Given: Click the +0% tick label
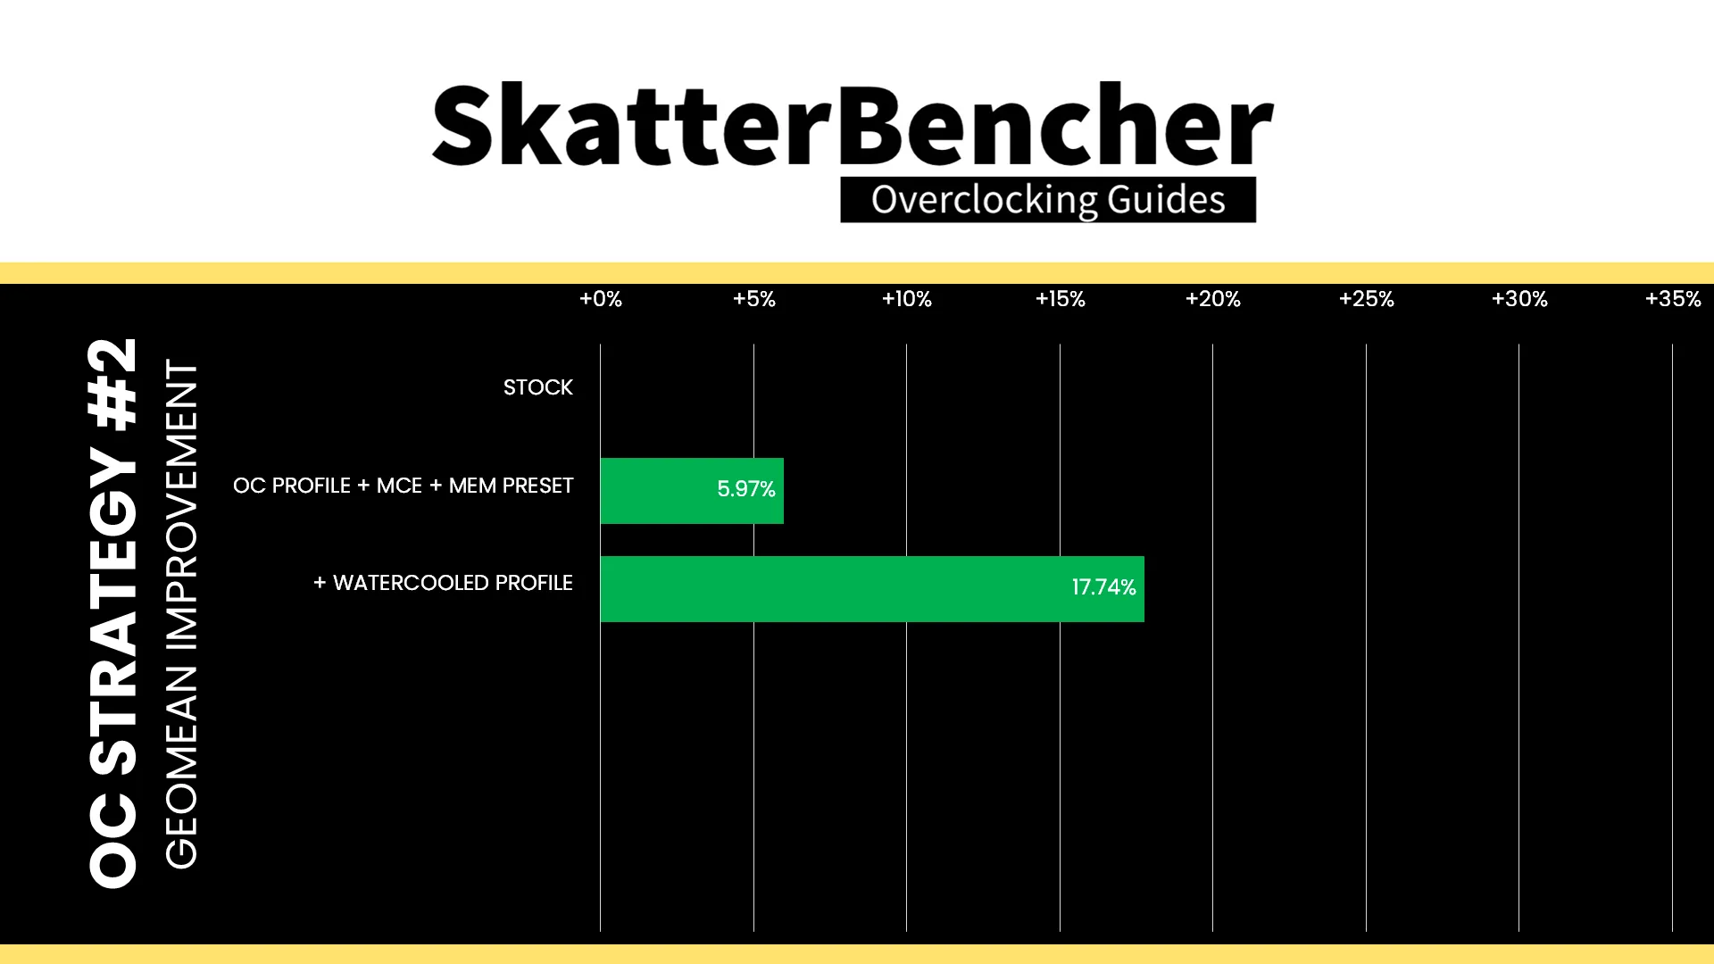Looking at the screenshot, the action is coord(601,299).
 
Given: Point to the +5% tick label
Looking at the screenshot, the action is coord(754,299).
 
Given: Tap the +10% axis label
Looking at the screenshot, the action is coord(907,299).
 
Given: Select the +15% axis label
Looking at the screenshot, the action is coord(1061,299).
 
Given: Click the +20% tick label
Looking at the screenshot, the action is coord(1213,299).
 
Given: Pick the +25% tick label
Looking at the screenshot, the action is coord(1367,299).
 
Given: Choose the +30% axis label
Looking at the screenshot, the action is coord(1519,299).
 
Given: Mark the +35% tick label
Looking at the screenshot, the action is coord(1673,299).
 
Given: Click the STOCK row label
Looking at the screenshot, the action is coord(538,387).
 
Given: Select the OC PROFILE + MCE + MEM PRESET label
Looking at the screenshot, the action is coord(404,486).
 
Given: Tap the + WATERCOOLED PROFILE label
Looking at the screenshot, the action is coord(443,583).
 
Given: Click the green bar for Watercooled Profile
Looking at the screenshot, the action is coord(872,589).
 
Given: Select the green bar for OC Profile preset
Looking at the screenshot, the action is coord(692,491).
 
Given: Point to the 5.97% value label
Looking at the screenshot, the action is coord(746,489).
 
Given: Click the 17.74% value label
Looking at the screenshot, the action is coord(1104,587).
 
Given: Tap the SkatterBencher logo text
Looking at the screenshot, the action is coord(853,125).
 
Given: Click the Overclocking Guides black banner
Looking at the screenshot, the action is coord(1048,199).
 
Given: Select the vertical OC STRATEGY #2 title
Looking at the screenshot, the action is coord(113,612).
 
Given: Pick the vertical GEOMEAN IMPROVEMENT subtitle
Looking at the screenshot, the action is coord(181,614).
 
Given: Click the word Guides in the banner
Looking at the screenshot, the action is coord(1166,199).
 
